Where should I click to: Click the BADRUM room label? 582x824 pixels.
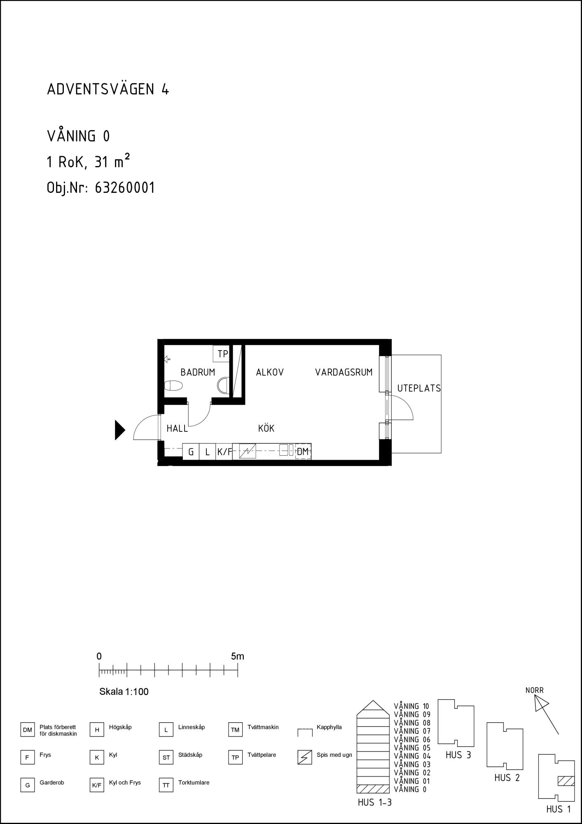pos(198,372)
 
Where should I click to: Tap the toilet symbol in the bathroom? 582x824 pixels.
pos(173,386)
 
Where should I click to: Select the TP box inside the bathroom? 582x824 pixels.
pos(221,353)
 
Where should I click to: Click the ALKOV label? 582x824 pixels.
pos(270,372)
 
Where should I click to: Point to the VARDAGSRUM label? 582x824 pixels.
pos(344,372)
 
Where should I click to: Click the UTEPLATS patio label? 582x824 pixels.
pos(419,388)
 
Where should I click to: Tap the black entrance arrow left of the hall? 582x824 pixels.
pos(119,430)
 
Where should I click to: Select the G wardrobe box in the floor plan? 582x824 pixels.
pos(191,452)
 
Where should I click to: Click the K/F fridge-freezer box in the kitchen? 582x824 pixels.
pos(224,452)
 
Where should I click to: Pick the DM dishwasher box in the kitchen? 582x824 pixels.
pos(303,452)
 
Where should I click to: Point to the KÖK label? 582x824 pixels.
pos(266,428)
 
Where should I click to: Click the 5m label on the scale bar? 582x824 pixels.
pos(237,656)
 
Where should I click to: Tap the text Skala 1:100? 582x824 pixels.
pos(124,692)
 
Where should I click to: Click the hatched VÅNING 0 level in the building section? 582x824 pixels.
pos(373,789)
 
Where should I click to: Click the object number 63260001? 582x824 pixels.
pos(125,188)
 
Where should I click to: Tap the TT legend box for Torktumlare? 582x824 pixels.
pos(166,785)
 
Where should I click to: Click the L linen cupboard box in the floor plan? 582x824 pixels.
pos(208,452)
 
